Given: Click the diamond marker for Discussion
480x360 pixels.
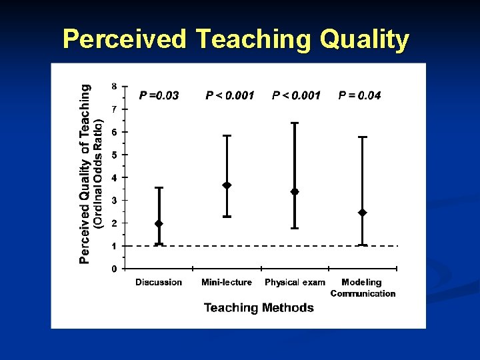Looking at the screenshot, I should click(x=159, y=223).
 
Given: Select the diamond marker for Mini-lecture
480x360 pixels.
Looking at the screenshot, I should click(x=227, y=185).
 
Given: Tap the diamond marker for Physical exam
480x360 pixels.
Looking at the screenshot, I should click(x=295, y=192).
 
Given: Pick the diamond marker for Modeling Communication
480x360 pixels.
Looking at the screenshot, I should click(x=363, y=213).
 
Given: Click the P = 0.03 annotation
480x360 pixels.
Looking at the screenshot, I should click(x=159, y=95).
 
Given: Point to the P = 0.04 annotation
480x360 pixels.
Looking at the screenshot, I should click(x=359, y=95).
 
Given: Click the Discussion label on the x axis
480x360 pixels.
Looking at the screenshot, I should click(x=159, y=283).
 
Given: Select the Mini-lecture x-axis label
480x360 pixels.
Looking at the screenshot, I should click(x=227, y=283).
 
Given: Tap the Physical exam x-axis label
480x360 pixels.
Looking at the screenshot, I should click(x=295, y=283).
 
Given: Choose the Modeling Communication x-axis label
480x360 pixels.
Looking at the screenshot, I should click(x=363, y=288).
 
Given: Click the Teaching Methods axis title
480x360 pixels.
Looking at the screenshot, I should click(x=259, y=307).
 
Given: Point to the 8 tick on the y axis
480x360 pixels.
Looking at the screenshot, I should click(x=114, y=86).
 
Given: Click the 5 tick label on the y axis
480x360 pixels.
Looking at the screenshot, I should click(x=114, y=155).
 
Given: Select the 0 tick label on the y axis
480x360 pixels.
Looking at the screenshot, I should click(x=114, y=269).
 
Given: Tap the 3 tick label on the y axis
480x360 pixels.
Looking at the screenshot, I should click(x=114, y=200).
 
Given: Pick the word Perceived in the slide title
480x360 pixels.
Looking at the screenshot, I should click(x=125, y=39).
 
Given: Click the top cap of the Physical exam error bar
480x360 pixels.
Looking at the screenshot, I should click(x=295, y=123).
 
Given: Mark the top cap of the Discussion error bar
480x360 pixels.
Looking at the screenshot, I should click(x=159, y=188).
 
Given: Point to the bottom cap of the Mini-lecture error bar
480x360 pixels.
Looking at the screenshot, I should click(x=227, y=217).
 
